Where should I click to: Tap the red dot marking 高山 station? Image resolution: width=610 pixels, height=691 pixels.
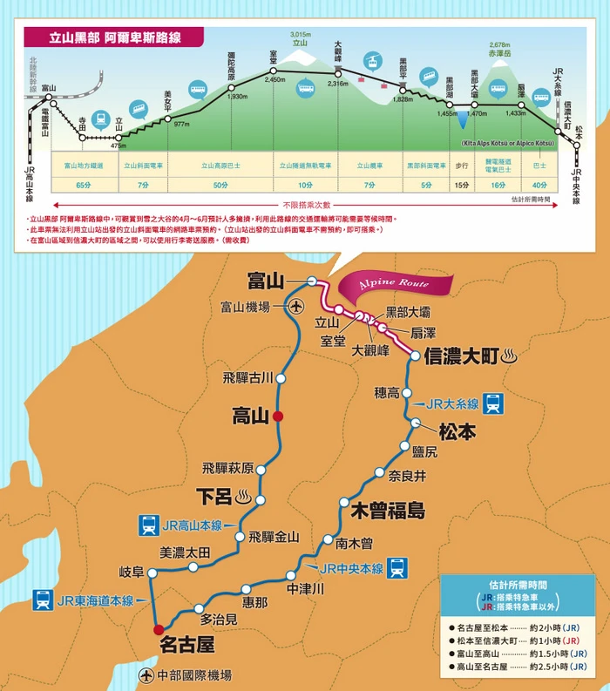point(278,417)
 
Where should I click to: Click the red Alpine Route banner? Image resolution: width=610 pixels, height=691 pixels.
point(398,284)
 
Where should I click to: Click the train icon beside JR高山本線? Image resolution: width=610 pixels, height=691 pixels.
point(148,525)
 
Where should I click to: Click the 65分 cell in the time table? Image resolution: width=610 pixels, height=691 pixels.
point(84,185)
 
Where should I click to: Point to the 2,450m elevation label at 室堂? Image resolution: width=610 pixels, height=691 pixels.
point(275,79)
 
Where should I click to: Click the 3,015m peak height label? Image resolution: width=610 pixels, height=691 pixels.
point(301,34)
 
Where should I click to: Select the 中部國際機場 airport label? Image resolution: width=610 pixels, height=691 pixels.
point(193,674)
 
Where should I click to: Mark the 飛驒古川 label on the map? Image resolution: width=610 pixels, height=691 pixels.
point(247,377)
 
